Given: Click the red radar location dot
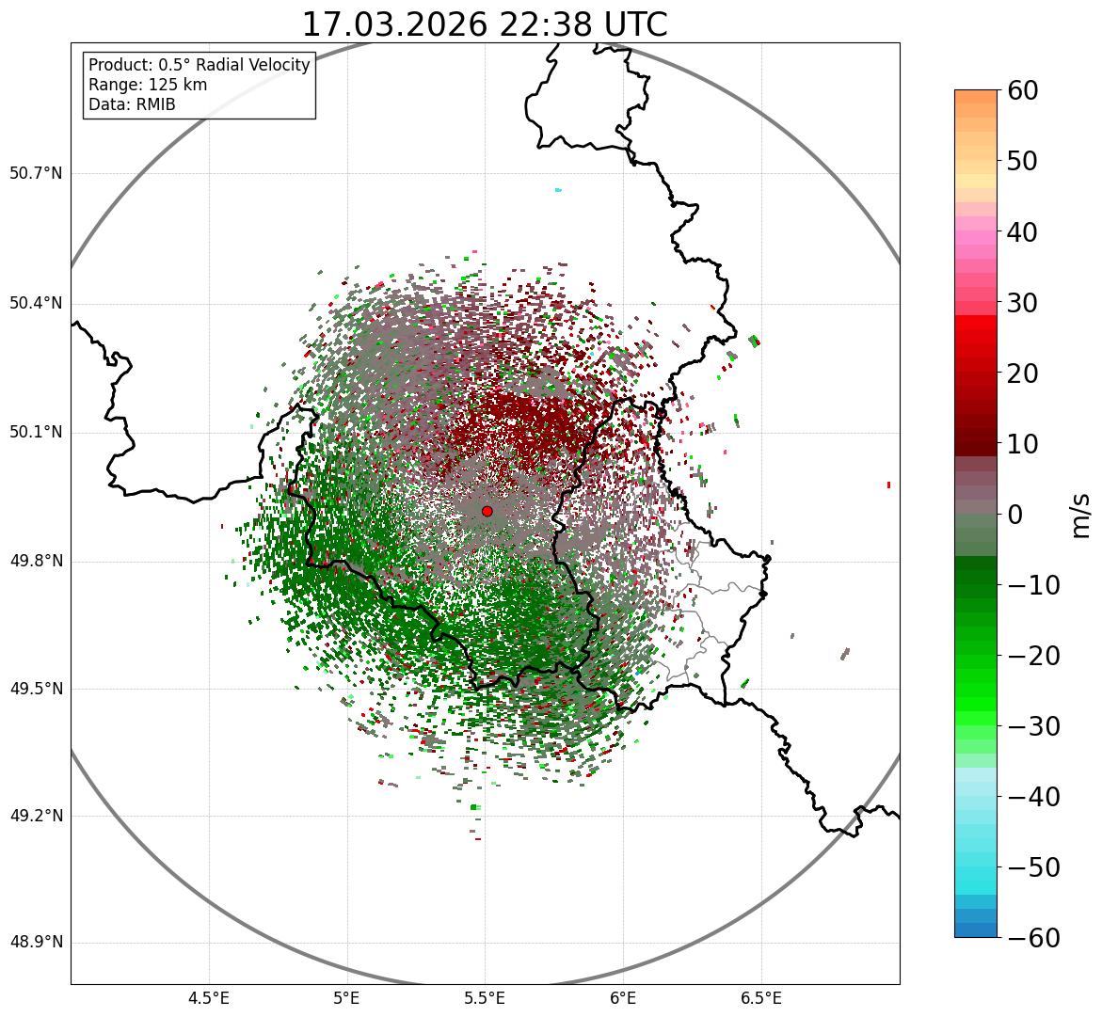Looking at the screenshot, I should tap(487, 511).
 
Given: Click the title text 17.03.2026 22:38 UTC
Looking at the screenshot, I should tap(484, 24).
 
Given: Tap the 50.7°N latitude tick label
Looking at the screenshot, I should tap(36, 174).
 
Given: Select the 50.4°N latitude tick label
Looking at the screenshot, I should tap(36, 304).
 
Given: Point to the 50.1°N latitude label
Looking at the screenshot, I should tap(36, 433).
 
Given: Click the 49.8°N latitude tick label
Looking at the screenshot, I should tap(36, 562).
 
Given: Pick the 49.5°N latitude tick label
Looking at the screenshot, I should tap(36, 689).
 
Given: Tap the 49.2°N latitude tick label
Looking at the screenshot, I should tap(36, 816).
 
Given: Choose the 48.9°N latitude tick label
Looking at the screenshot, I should tap(36, 943).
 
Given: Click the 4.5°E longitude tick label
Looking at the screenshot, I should tap(209, 998).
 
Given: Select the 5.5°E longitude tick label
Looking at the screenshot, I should tap(485, 998).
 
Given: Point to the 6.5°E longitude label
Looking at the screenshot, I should tap(760, 998).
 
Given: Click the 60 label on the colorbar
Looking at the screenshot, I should tap(1022, 90).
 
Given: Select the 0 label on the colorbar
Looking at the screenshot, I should tap(1014, 515).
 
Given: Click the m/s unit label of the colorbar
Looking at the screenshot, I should tap(1080, 515).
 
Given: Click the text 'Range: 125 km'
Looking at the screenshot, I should tap(148, 85).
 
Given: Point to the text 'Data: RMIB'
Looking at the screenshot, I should tap(132, 104).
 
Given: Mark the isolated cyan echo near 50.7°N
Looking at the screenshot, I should tap(558, 190).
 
